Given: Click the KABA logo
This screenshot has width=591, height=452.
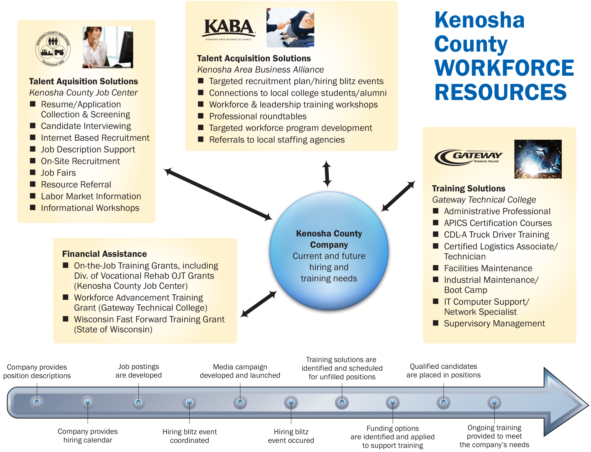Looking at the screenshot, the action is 228,29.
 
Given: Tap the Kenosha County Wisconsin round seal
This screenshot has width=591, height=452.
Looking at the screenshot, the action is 53,48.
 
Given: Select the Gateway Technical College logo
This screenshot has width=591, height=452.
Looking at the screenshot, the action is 468,157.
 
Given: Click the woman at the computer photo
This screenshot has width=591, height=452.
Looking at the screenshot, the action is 108,47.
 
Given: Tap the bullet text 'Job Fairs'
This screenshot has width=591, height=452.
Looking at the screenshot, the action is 58,173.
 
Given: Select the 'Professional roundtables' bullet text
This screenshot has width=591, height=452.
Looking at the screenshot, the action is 258,116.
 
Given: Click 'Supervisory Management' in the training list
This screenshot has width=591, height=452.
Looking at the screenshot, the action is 494,323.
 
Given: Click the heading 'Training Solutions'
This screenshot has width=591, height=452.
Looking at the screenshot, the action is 469,188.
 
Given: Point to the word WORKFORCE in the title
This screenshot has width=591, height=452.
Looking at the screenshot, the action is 504,68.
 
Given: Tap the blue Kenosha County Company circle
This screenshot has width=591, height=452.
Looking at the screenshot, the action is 329,250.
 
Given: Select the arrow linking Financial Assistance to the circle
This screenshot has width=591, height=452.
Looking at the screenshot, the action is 258,304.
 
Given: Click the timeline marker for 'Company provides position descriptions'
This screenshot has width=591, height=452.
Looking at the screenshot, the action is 37,402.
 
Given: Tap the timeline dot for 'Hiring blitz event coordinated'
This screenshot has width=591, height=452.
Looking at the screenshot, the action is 189,402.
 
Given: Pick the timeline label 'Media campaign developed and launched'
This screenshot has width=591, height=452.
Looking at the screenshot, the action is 240,371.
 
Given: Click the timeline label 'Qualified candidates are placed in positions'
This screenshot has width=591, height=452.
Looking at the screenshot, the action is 443,370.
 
